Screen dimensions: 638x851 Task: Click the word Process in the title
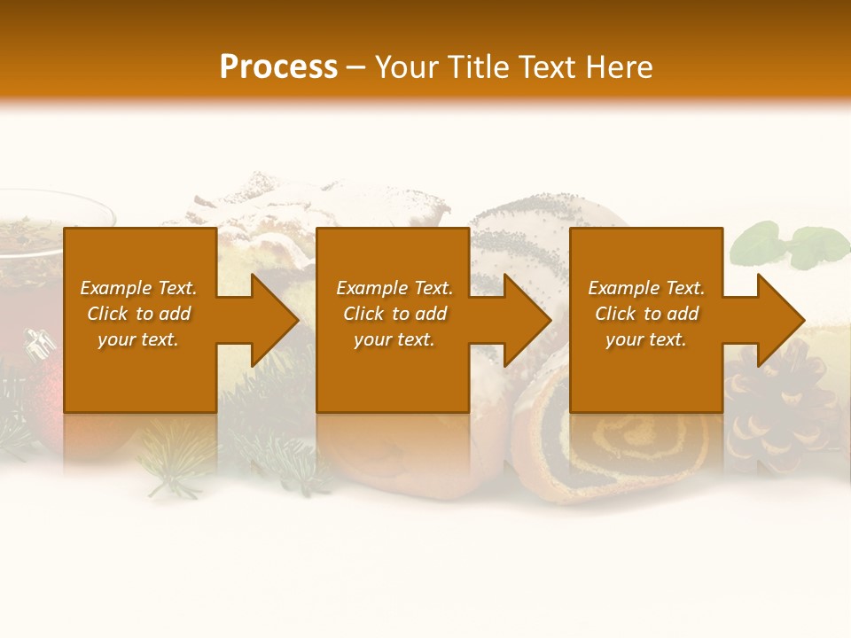pos(278,67)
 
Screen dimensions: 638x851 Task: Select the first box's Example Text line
pos(138,288)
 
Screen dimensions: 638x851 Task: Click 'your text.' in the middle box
pos(394,339)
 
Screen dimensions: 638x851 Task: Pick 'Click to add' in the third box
pos(646,314)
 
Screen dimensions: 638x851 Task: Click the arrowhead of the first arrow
pos(275,320)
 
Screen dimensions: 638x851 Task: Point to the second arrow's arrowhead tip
pos(550,320)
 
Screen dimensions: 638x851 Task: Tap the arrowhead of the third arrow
pos(780,320)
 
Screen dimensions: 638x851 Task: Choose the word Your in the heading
pos(409,67)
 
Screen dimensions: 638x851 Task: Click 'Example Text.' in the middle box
pos(394,288)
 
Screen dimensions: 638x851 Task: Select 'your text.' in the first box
pos(138,339)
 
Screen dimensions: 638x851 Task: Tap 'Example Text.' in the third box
pos(646,288)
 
